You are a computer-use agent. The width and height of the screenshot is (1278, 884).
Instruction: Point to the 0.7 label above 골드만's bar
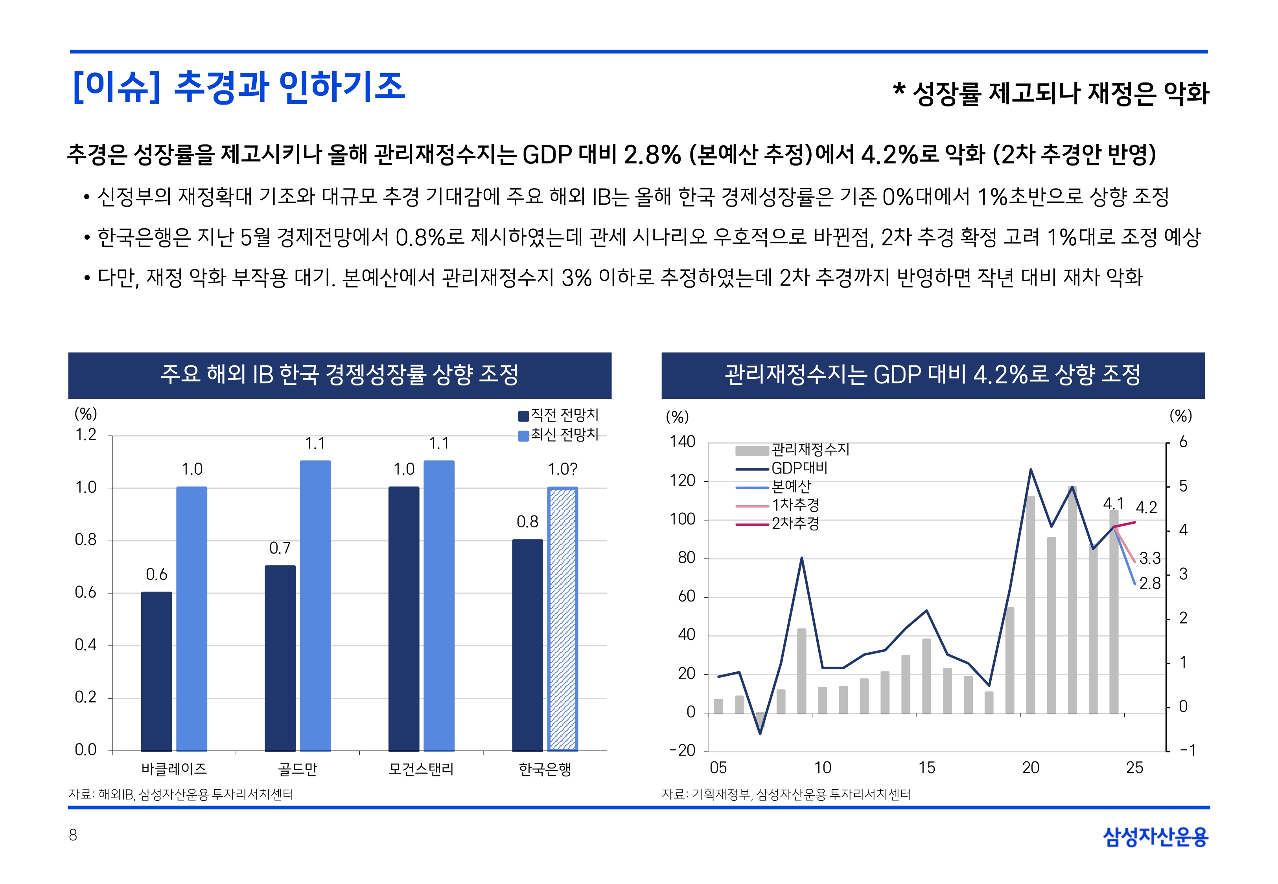280,548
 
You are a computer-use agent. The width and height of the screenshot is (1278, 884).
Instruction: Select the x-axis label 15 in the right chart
926,767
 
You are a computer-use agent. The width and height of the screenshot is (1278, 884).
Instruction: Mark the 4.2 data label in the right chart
1146,507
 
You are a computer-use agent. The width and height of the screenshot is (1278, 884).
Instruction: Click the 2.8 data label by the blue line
1149,583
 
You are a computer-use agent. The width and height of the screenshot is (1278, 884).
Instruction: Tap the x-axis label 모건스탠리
421,769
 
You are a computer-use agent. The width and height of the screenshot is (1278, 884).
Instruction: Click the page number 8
73,835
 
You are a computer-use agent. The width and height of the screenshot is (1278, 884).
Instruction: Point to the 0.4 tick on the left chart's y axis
85,645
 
